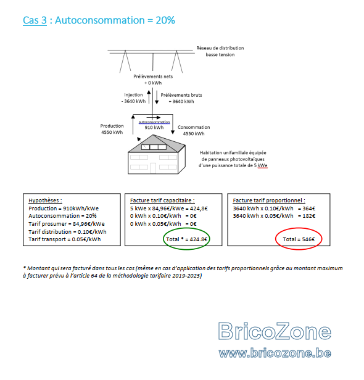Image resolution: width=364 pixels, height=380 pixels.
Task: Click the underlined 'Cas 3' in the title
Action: [x=35, y=20]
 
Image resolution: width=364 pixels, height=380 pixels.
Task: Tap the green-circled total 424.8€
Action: [x=186, y=239]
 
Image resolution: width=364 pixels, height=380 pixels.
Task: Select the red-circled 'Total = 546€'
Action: [x=299, y=239]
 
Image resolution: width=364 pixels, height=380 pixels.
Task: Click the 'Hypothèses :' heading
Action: [x=45, y=200]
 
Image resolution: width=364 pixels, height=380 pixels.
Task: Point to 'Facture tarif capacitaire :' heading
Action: [x=162, y=200]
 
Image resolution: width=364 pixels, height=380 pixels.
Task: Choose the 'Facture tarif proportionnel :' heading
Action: [x=269, y=200]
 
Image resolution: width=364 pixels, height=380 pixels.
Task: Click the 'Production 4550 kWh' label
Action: [x=112, y=129]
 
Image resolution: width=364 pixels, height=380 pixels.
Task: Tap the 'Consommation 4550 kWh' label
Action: [x=194, y=130]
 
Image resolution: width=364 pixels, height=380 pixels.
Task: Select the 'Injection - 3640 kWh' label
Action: [x=133, y=98]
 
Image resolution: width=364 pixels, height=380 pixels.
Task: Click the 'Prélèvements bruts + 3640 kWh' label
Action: [x=181, y=98]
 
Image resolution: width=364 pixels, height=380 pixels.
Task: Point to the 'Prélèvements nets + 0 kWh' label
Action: [x=153, y=80]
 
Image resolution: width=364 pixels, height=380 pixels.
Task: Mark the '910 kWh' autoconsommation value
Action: [x=154, y=128]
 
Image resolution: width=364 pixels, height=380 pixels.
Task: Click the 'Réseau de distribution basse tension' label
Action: [x=220, y=51]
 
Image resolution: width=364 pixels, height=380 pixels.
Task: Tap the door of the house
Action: [x=153, y=168]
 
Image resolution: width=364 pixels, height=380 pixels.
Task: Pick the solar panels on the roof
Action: [x=154, y=147]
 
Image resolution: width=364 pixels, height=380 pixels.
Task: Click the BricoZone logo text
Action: [x=275, y=331]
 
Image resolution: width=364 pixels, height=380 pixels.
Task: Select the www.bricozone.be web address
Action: [x=275, y=353]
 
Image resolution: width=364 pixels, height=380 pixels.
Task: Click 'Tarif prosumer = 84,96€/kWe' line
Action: [x=67, y=224]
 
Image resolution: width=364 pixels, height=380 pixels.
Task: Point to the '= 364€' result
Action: [x=307, y=209]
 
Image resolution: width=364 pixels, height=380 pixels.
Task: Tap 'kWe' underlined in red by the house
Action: [x=262, y=166]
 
